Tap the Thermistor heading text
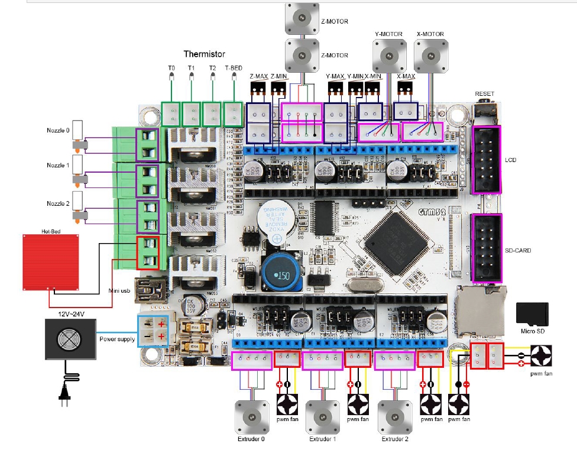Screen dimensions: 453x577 pos(204,54)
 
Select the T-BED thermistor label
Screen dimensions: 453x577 pos(233,69)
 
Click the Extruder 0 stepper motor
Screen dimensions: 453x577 pos(251,416)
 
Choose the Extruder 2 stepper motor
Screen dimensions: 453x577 pos(393,416)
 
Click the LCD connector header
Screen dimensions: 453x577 pos(486,159)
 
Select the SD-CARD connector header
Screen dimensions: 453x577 pos(486,248)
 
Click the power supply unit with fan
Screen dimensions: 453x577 pos(70,338)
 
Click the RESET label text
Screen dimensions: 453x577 pos(484,94)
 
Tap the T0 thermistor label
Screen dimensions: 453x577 pos(171,69)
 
